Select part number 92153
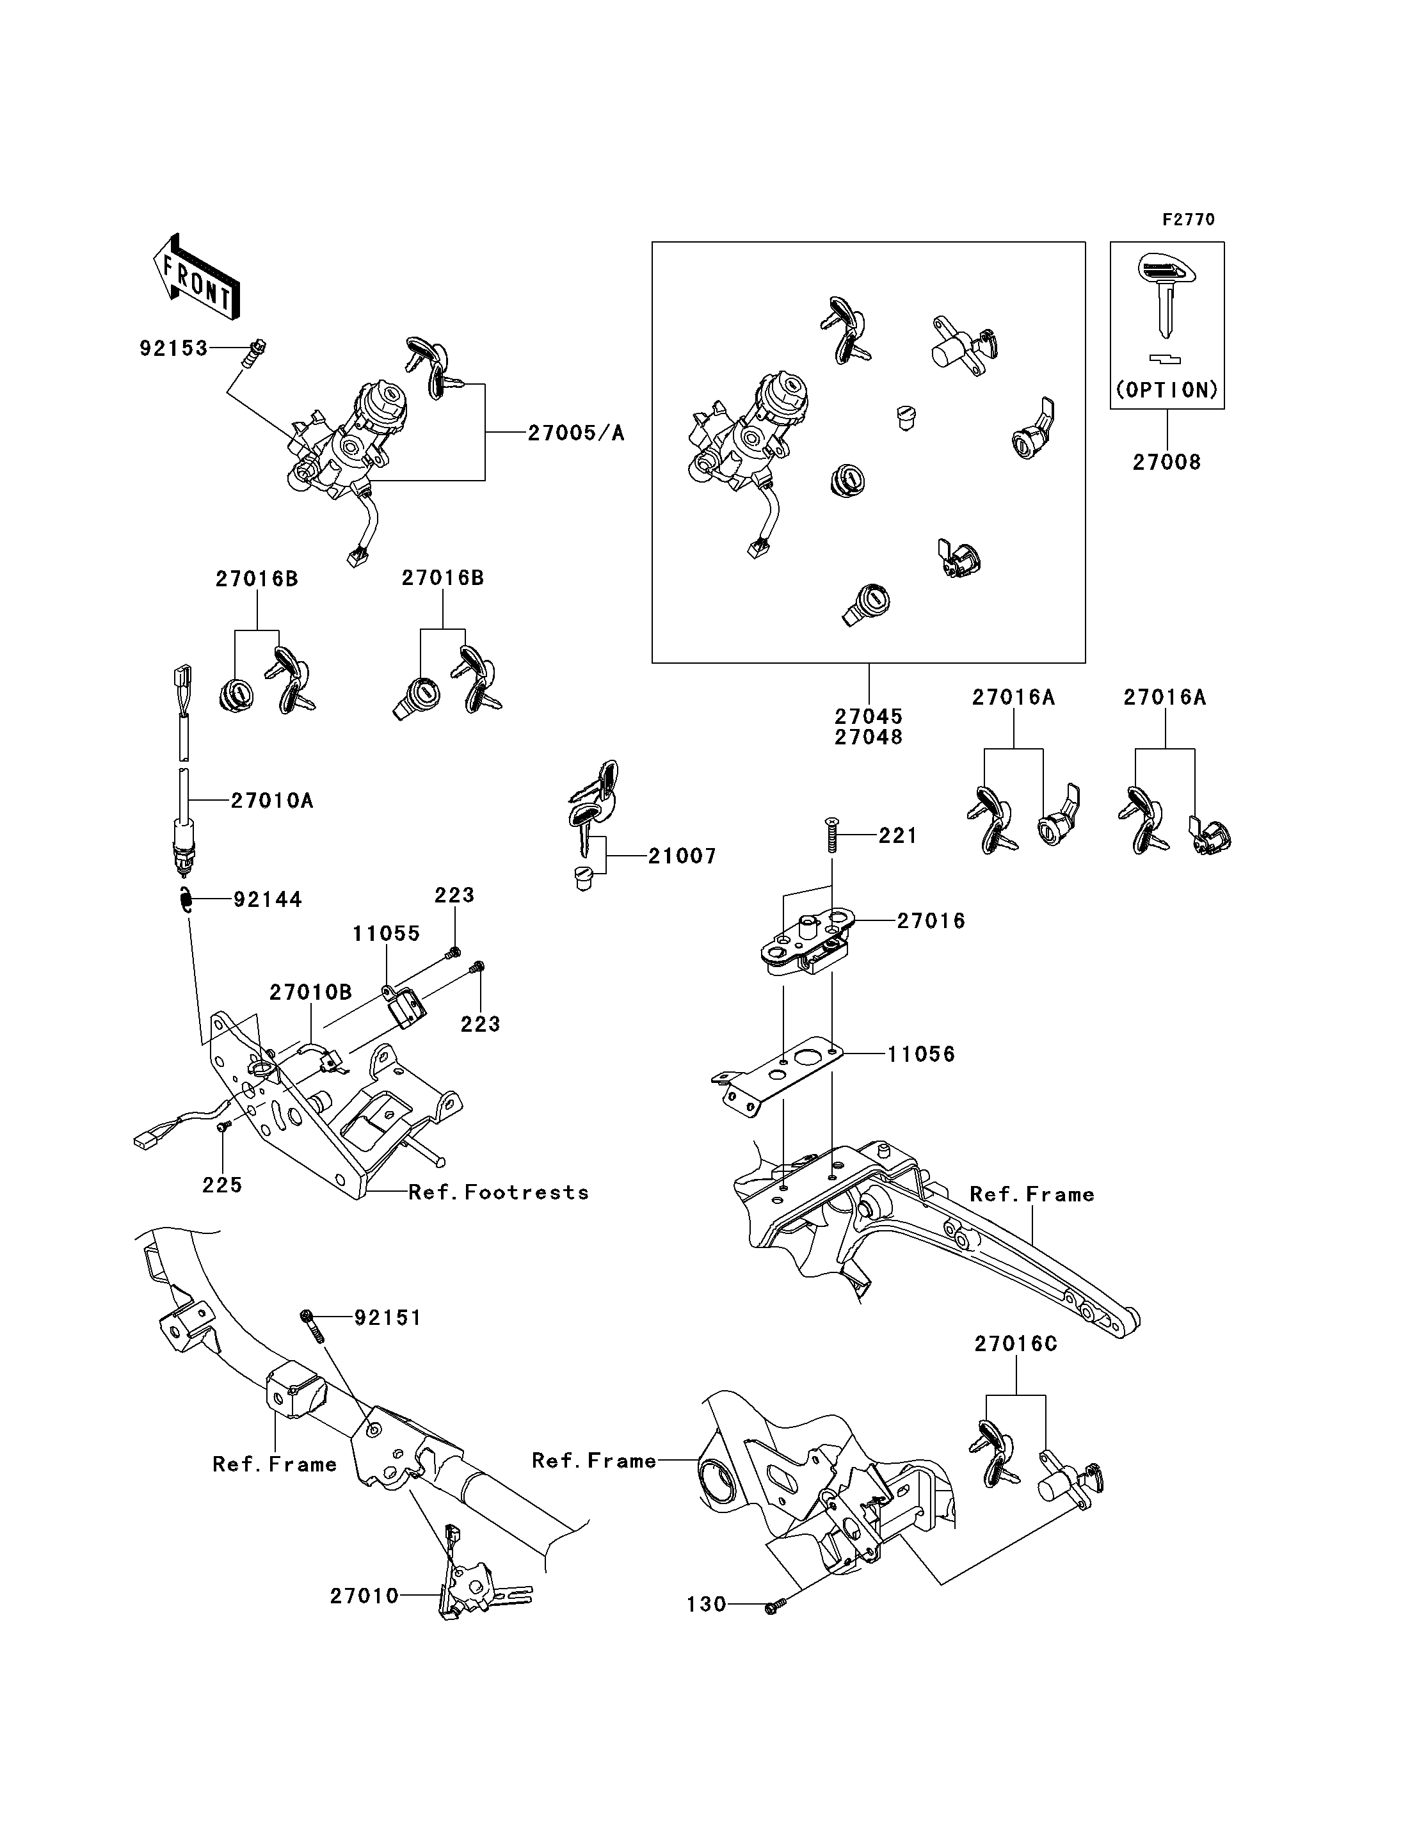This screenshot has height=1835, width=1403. [x=173, y=348]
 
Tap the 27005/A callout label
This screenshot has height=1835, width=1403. [x=576, y=433]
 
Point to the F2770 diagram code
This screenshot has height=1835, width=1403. [x=1189, y=220]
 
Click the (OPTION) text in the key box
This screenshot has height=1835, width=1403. [x=1167, y=390]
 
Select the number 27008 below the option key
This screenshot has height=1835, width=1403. [x=1167, y=462]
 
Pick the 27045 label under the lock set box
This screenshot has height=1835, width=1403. [x=869, y=716]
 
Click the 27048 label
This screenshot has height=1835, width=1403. [x=869, y=737]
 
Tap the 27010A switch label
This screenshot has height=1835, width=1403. [x=272, y=800]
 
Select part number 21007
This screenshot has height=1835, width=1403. [x=682, y=856]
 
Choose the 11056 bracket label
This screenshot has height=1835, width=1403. [x=921, y=1054]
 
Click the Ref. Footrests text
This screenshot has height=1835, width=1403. [x=499, y=1192]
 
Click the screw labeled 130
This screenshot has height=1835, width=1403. [x=772, y=1604]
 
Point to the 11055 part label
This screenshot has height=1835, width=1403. [x=386, y=933]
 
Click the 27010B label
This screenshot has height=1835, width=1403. [x=310, y=992]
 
